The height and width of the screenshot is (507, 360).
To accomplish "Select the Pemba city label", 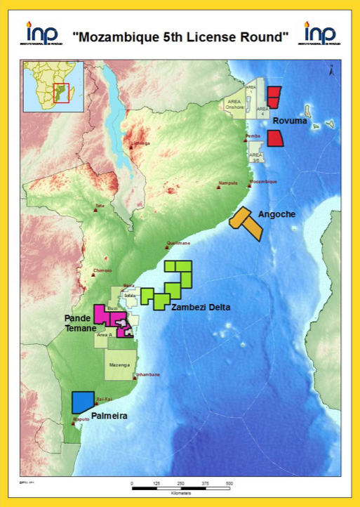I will coord(253,136).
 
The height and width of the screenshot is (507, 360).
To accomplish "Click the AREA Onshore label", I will coord(234,106).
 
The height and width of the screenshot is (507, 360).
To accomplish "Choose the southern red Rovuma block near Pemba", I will coord(276,137).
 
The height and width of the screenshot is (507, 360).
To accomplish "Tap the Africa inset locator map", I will coord(53,87).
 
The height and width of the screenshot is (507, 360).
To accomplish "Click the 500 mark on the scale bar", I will coord(229,484).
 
